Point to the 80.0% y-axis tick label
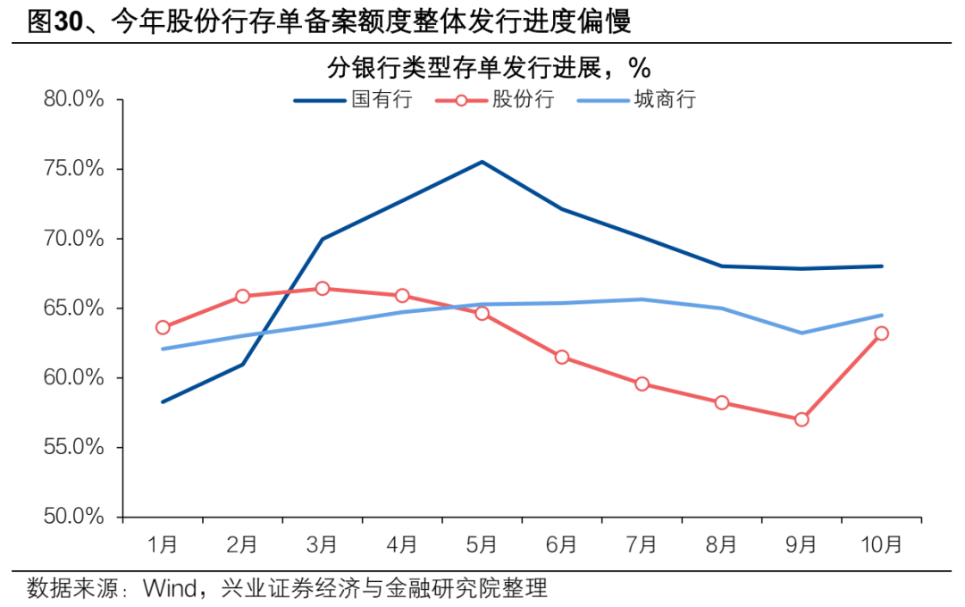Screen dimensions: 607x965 tap(74, 99)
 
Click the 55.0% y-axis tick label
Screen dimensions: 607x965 tap(74, 447)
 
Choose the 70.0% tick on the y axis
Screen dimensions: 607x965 tap(74, 239)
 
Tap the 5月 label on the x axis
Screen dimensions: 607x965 tap(482, 543)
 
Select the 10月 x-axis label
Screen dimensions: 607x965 tap(881, 543)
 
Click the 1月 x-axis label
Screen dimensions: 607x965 tap(163, 543)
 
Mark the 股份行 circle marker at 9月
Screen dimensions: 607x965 tap(801, 419)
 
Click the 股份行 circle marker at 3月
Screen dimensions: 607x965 tap(323, 288)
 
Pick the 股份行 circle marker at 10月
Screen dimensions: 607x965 tap(881, 333)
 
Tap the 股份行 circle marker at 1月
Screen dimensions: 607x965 tap(163, 327)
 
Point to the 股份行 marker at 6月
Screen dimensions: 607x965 tap(562, 357)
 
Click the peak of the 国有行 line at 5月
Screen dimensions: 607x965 tap(482, 162)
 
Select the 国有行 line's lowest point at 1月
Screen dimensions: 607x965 tap(163, 401)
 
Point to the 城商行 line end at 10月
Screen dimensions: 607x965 tap(881, 315)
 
